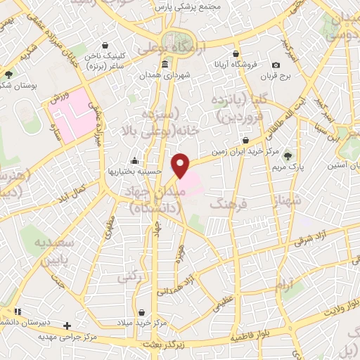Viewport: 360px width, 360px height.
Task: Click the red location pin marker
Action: pyautogui.click(x=181, y=165)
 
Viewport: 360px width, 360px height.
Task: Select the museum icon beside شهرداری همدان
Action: pyautogui.click(x=165, y=65)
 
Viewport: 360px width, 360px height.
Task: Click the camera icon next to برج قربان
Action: pyautogui.click(x=276, y=65)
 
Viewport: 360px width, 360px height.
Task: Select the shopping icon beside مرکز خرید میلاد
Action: pyautogui.click(x=162, y=309)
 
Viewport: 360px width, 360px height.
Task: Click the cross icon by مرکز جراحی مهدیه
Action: pyautogui.click(x=67, y=326)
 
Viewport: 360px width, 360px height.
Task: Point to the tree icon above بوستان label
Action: pyautogui.click(x=8, y=73)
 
